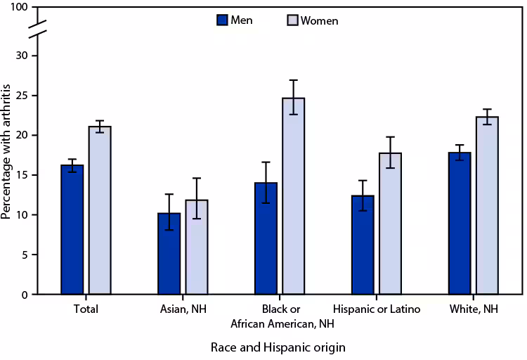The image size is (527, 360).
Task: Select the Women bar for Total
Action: [x=99, y=210]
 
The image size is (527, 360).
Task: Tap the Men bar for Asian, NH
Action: [x=169, y=253]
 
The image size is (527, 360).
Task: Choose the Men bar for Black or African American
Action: [x=266, y=238]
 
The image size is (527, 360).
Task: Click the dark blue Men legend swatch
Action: [x=222, y=20]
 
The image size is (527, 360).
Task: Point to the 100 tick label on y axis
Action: [x=20, y=7]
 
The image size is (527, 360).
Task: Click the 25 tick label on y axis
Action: [x=22, y=95]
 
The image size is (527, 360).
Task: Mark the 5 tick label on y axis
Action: [x=25, y=255]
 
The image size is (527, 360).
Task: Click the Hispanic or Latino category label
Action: [x=376, y=309]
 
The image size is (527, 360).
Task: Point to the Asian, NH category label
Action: [x=182, y=309]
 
